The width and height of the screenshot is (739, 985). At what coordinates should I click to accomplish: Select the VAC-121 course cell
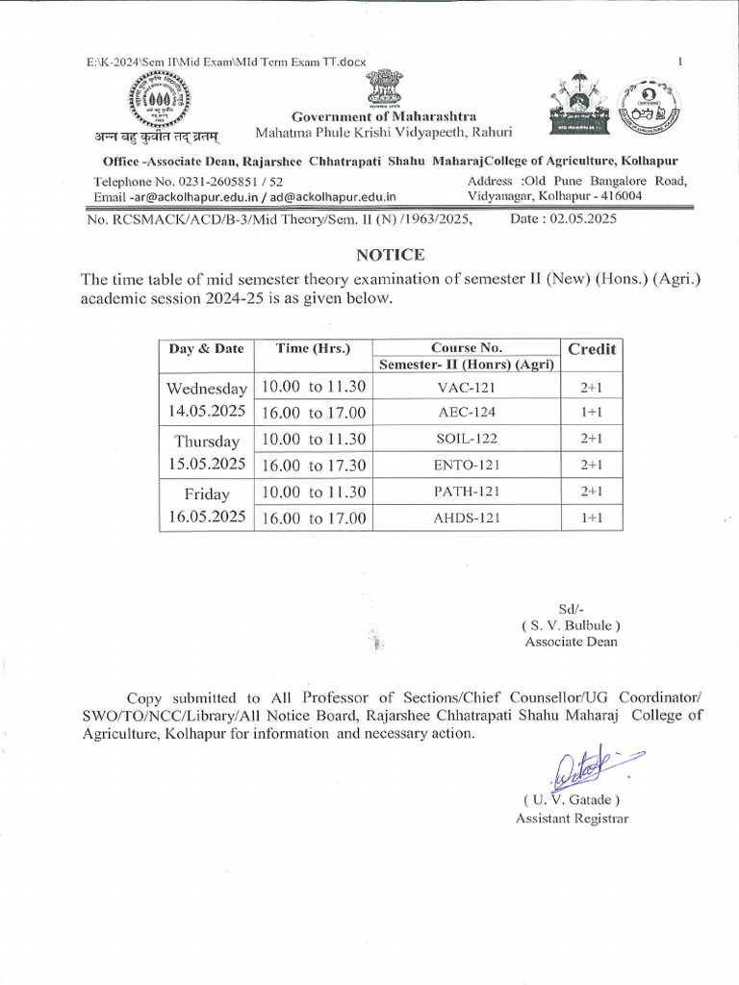[x=467, y=387]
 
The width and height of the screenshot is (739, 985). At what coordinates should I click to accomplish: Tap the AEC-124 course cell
[x=467, y=413]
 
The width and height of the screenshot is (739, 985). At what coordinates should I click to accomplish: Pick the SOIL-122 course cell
[x=467, y=439]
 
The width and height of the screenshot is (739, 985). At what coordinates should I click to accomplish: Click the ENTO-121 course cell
[x=467, y=466]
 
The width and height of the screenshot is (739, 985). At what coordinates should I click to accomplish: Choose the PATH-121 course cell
[x=467, y=492]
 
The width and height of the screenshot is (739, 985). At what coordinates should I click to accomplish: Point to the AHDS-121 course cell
[x=467, y=518]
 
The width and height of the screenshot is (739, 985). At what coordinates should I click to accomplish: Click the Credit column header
[x=592, y=349]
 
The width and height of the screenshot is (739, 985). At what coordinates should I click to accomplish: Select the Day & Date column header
[x=206, y=349]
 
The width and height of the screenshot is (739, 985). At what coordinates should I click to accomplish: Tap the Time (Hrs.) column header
[x=313, y=349]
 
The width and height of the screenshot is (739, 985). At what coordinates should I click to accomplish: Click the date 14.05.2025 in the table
[x=206, y=411]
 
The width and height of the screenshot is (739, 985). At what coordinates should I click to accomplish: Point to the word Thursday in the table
[x=206, y=442]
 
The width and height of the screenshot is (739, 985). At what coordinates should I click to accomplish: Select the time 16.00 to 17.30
[x=314, y=466]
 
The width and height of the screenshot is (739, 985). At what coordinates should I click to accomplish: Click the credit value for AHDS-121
[x=591, y=518]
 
